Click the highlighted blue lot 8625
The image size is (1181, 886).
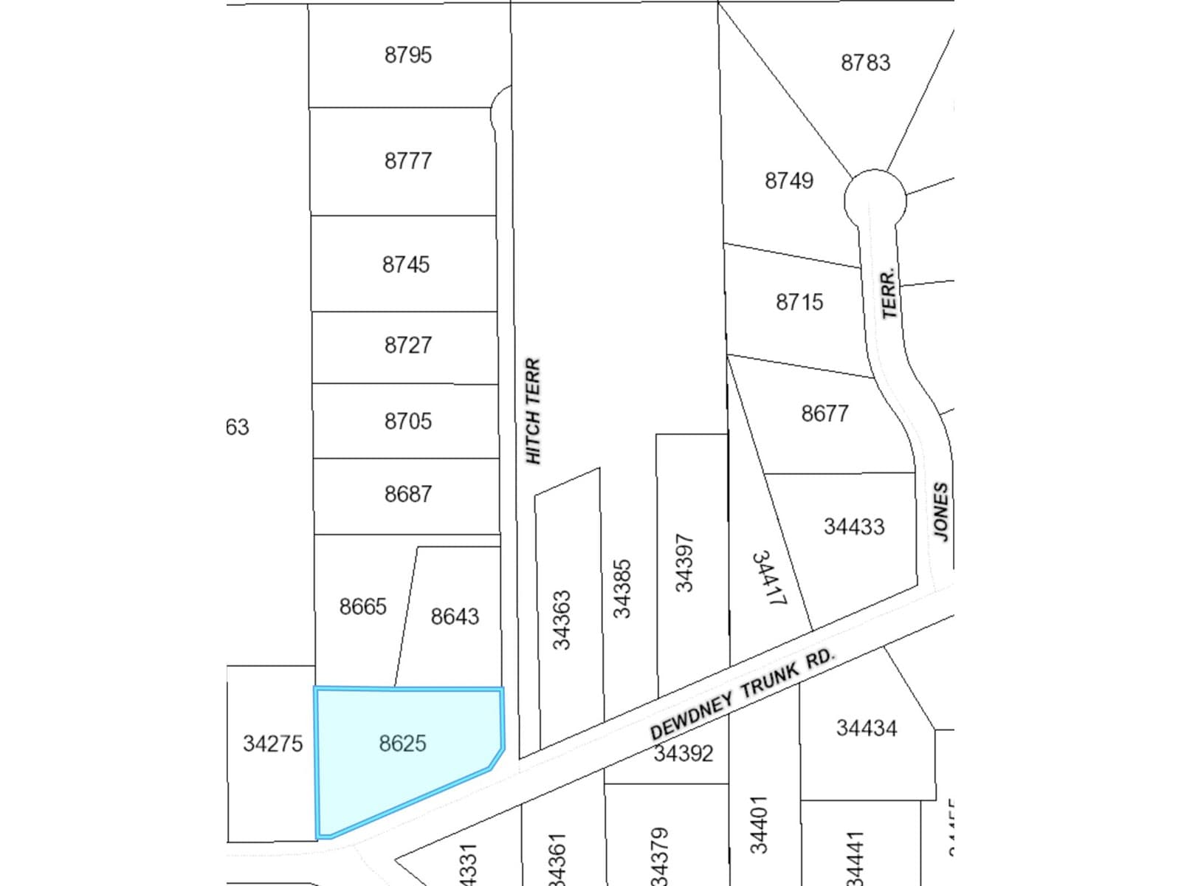(x=402, y=744)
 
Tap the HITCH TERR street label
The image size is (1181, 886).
(x=533, y=411)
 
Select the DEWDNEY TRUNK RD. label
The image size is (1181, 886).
(x=741, y=693)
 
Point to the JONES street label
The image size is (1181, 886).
(x=940, y=511)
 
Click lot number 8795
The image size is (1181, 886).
(x=407, y=55)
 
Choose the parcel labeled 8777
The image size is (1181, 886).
(x=407, y=161)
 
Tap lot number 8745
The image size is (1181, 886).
(x=405, y=264)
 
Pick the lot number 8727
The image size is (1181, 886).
(x=407, y=345)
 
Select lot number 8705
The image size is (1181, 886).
(x=407, y=421)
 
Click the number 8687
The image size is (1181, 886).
(x=407, y=494)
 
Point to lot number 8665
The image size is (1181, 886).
(x=362, y=606)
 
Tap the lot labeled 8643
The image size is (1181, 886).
(x=455, y=616)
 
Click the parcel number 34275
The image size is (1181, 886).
(x=272, y=744)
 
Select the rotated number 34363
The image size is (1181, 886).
(x=562, y=620)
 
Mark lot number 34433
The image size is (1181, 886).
(x=853, y=526)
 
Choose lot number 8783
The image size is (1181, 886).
(x=865, y=63)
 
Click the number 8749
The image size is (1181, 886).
(x=788, y=181)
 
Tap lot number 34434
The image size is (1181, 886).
(x=866, y=729)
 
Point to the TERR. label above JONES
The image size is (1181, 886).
(x=889, y=293)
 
